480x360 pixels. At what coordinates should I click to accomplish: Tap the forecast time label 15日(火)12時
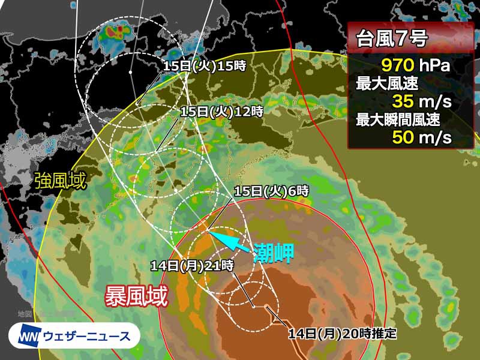(x=222, y=111)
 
